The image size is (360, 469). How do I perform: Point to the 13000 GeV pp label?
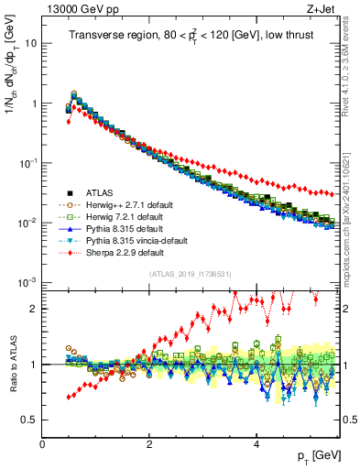pos(77,10)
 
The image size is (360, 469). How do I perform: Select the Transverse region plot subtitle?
pos(186,37)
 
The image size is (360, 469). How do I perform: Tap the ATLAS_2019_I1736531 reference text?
pos(188,274)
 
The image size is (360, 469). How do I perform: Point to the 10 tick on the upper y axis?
pos(30,43)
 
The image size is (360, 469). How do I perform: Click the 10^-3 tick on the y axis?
pos(27,282)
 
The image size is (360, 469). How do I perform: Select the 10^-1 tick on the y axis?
pos(27,162)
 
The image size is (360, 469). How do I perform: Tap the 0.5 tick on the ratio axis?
pos(29,420)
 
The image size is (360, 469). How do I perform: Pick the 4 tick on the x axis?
pos(256,443)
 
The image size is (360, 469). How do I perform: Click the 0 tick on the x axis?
pos(43,443)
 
